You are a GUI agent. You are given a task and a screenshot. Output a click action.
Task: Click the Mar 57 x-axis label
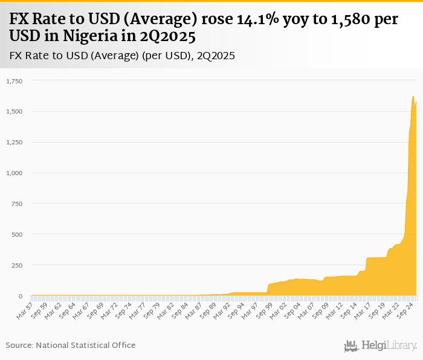tap(25, 309)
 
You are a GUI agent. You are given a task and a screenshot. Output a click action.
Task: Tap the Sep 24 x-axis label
tap(406, 309)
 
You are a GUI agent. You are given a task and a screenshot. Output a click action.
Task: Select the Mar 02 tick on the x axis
tap(279, 309)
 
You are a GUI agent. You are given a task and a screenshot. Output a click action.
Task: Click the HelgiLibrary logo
tap(380, 346)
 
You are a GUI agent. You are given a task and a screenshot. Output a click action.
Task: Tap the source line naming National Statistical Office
tap(71, 345)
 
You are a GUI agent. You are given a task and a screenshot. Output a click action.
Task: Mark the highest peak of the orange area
tap(413, 97)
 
